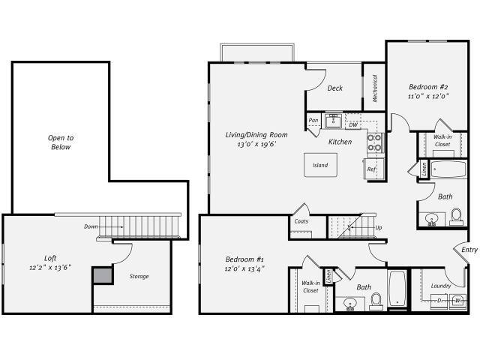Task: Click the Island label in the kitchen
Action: (x=320, y=165)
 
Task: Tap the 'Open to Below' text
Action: (x=61, y=142)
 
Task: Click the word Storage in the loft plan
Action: (x=138, y=276)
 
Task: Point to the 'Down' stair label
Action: (x=91, y=226)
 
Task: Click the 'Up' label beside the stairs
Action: (x=379, y=227)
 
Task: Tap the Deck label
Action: (x=335, y=88)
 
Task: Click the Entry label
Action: (x=469, y=250)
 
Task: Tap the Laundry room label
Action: (x=441, y=285)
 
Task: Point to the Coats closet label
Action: (x=301, y=221)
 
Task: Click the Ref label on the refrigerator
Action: (x=371, y=169)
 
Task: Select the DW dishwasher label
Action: (x=352, y=125)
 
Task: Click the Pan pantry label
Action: (x=313, y=120)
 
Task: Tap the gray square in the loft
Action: (x=102, y=276)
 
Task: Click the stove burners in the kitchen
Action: (x=373, y=142)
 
